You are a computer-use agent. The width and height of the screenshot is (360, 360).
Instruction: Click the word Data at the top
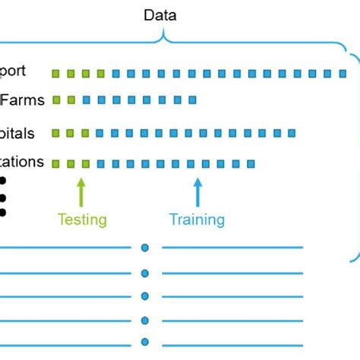click(x=160, y=14)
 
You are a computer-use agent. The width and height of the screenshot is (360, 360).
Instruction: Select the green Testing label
click(x=82, y=219)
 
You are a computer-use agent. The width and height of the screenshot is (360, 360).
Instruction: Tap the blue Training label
click(x=197, y=219)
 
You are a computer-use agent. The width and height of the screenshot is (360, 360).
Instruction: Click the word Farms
click(x=23, y=99)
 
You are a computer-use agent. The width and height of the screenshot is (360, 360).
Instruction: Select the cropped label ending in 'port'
click(x=14, y=71)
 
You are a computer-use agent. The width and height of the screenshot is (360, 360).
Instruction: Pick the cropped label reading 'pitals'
click(x=17, y=133)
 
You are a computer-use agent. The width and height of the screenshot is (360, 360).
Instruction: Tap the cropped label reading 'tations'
click(x=22, y=162)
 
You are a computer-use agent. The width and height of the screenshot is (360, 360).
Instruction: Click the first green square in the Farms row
click(x=55, y=99)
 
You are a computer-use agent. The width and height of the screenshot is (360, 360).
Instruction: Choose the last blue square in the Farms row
click(x=192, y=99)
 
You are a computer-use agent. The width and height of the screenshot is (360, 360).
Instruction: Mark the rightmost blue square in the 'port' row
click(x=343, y=74)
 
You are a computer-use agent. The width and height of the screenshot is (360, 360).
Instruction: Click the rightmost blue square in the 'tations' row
click(x=251, y=163)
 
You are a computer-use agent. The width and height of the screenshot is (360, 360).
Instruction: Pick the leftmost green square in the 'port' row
click(x=55, y=74)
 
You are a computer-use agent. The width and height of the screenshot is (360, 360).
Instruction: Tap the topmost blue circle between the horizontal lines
click(x=145, y=248)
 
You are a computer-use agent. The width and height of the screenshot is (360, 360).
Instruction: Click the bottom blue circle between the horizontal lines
click(x=145, y=342)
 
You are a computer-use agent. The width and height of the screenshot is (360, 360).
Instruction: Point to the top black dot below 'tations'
click(x=2, y=181)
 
